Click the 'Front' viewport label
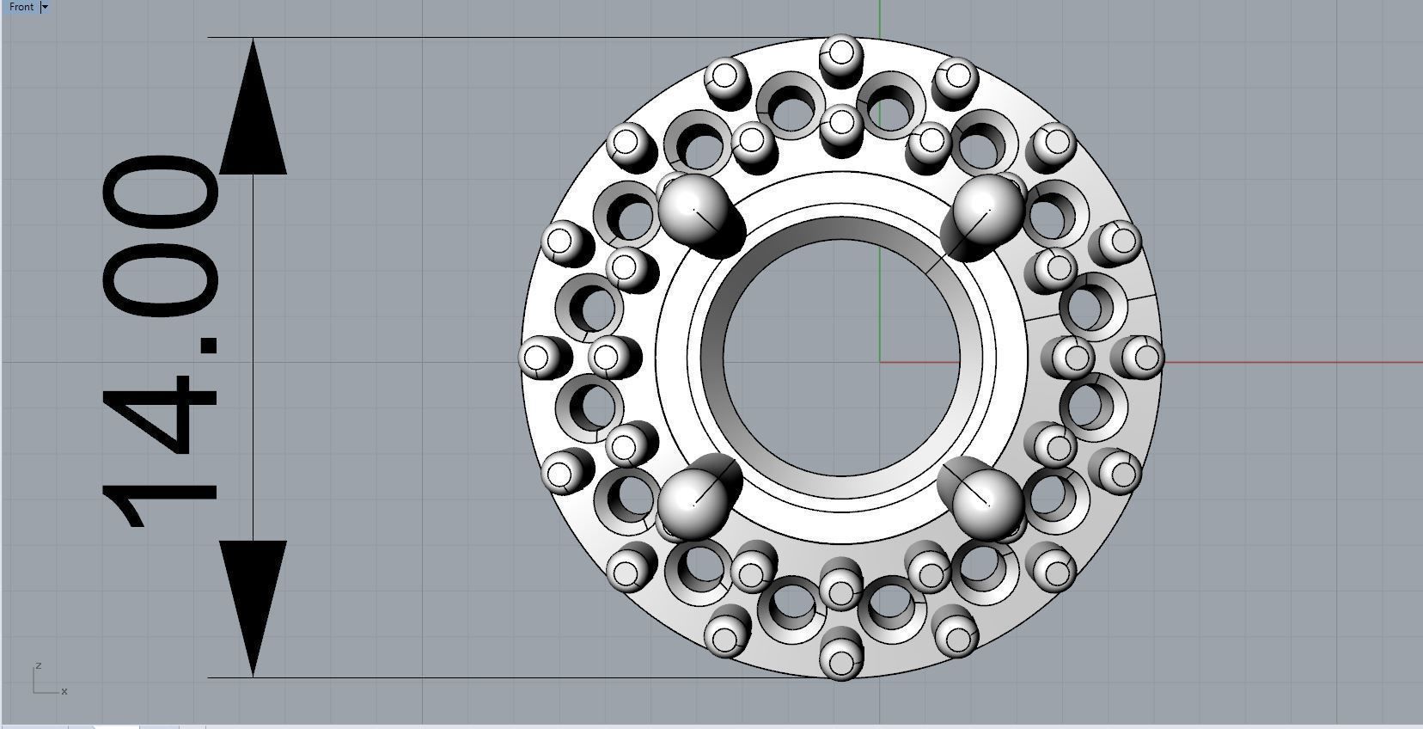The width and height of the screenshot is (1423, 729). point(21,7)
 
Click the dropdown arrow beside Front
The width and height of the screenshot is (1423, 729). point(46,7)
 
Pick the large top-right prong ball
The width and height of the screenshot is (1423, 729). point(988,207)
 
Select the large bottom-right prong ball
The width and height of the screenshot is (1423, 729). point(988,503)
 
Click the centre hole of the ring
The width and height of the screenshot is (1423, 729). point(842,357)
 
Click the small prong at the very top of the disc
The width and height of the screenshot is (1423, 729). point(840,53)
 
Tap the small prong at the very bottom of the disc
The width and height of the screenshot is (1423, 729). point(840,661)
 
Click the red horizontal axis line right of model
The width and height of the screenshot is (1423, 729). point(1289,362)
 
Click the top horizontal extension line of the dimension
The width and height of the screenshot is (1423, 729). point(516,38)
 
